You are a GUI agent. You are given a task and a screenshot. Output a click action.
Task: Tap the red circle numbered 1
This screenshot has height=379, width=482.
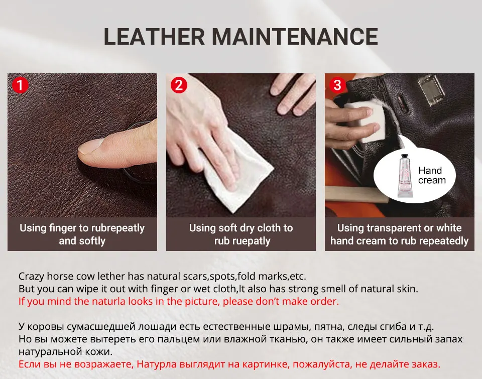pyautogui.click(x=20, y=85)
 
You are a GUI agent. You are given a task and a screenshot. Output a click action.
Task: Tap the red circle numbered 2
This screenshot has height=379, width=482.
pyautogui.click(x=179, y=85)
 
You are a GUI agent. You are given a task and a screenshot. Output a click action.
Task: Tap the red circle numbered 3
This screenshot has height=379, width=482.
pyautogui.click(x=337, y=85)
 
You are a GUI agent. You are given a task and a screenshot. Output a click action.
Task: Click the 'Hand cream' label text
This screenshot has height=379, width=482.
pyautogui.click(x=431, y=176)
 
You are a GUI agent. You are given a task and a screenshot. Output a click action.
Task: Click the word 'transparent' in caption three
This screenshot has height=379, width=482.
pyautogui.click(x=394, y=228)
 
